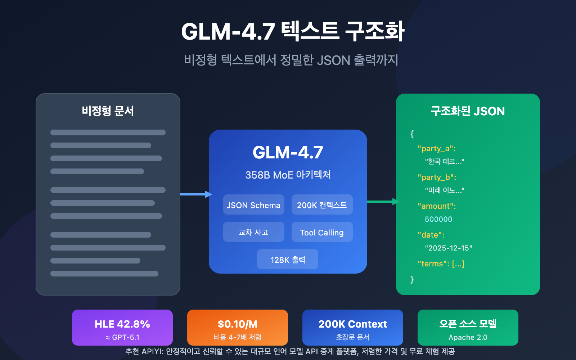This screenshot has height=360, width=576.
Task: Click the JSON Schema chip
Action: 253,205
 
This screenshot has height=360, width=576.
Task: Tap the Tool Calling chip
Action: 322,232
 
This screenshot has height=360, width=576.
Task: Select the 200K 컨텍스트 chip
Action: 322,205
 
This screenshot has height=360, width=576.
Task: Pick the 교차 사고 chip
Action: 253,232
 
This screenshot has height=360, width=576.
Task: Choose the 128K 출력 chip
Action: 287,260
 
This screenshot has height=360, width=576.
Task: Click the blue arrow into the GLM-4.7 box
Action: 196,194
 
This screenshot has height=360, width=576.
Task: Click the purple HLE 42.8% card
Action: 122,327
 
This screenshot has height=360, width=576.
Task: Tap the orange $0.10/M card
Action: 238,327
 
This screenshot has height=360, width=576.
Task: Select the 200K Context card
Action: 353,327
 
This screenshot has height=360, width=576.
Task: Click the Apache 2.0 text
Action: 468,337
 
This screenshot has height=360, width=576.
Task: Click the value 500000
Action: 438,219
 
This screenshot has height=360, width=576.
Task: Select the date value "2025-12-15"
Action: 449,248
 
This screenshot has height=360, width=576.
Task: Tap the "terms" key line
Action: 441,264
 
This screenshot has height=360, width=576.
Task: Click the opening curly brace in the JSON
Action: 412,134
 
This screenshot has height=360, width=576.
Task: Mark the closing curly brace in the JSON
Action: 412,279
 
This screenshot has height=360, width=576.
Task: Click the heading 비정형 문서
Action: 108,111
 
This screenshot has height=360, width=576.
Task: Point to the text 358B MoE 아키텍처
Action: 288,175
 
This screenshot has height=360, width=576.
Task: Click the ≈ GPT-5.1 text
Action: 122,337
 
